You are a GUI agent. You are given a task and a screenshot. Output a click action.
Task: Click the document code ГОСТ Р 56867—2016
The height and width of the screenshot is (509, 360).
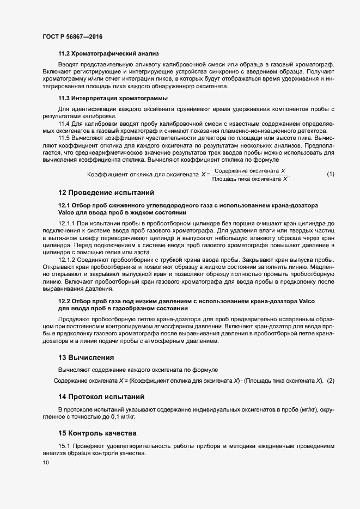tap(72, 36)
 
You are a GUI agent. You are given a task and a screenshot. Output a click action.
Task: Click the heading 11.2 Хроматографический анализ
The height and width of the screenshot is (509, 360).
tap(108, 53)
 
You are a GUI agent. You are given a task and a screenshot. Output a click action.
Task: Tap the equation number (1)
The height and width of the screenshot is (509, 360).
tap(331, 174)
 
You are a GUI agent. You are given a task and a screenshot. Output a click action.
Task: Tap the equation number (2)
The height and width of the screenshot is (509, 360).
tap(331, 381)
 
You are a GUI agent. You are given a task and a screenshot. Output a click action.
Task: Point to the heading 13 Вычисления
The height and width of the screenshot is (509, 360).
tap(86, 358)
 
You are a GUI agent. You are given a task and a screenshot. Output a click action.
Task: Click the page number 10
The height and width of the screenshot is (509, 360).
tap(46, 463)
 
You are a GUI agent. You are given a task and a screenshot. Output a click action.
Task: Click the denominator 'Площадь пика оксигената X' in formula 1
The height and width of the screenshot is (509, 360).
tap(249, 179)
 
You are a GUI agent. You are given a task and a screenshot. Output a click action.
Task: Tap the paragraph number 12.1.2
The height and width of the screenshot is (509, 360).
tap(66, 260)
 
